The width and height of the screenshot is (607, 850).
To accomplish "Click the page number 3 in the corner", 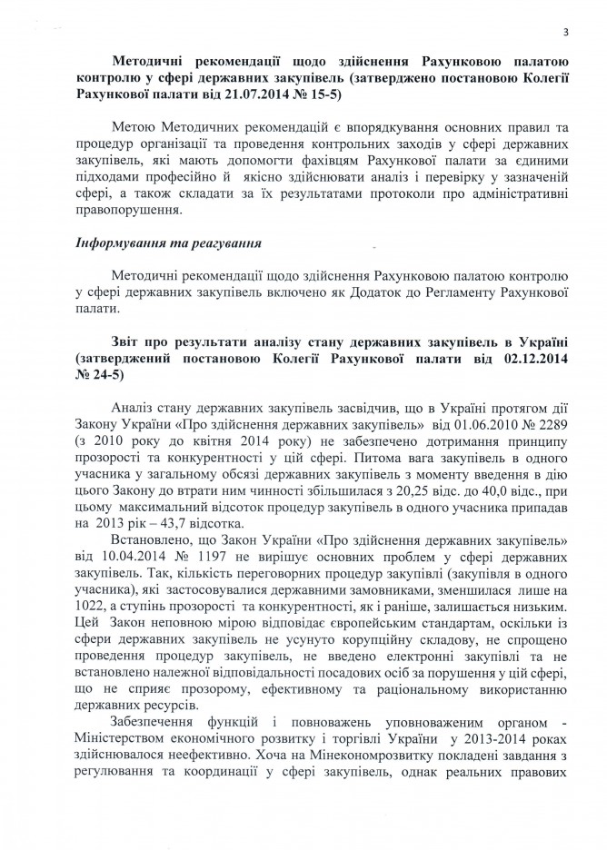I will tap(565, 33).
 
